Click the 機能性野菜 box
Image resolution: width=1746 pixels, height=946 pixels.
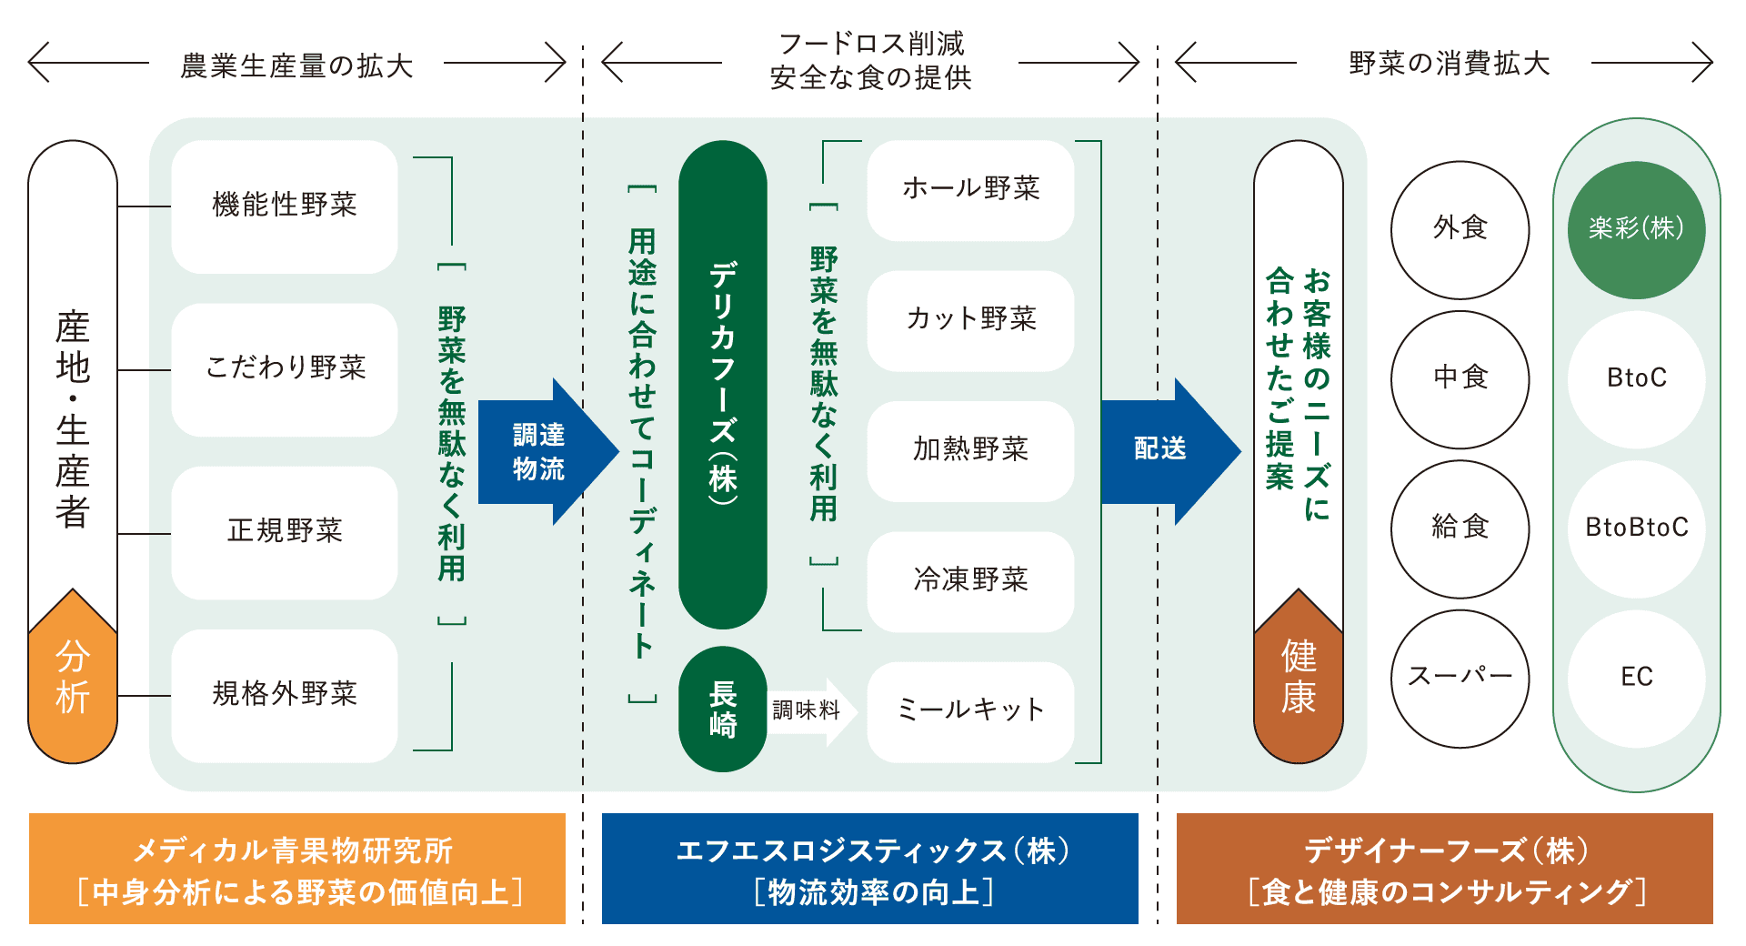pyautogui.click(x=285, y=206)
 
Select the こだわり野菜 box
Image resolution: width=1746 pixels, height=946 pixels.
pyautogui.click(x=285, y=368)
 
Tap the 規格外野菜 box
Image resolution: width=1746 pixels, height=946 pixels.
pyautogui.click(x=285, y=695)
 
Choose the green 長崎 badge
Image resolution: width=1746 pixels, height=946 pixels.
pyautogui.click(x=723, y=709)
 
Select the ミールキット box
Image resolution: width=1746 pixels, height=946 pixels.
pyautogui.click(x=970, y=710)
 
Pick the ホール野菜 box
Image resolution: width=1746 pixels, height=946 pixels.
pyautogui.click(x=970, y=189)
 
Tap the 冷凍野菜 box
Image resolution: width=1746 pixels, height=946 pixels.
pyautogui.click(x=970, y=580)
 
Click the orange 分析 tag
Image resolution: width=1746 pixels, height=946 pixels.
pyautogui.click(x=73, y=679)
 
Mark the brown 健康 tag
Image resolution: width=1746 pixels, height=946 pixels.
pyautogui.click(x=1299, y=679)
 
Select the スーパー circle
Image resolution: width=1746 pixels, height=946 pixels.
pyautogui.click(x=1460, y=678)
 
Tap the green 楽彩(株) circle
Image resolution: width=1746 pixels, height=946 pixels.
pyautogui.click(x=1636, y=229)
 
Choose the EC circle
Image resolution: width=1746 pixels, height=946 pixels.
pyautogui.click(x=1636, y=678)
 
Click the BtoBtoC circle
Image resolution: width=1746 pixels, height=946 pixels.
pyautogui.click(x=1636, y=528)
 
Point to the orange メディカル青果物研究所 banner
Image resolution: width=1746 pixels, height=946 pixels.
pyautogui.click(x=297, y=869)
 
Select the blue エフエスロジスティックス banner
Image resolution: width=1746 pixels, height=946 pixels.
pyautogui.click(x=870, y=869)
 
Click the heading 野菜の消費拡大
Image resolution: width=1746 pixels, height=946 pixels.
pyautogui.click(x=1449, y=64)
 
